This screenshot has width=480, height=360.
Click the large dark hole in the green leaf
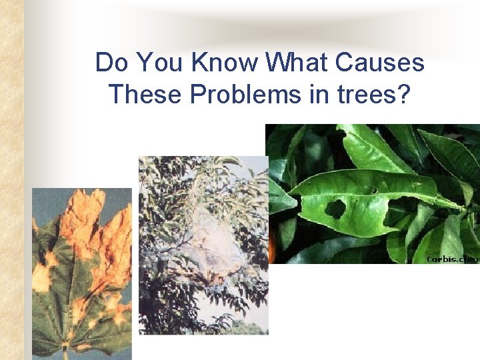click(335, 209)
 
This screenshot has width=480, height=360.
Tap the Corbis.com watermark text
click(452, 258)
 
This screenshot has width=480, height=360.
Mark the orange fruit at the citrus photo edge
click(271, 250)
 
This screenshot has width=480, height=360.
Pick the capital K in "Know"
click(199, 63)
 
